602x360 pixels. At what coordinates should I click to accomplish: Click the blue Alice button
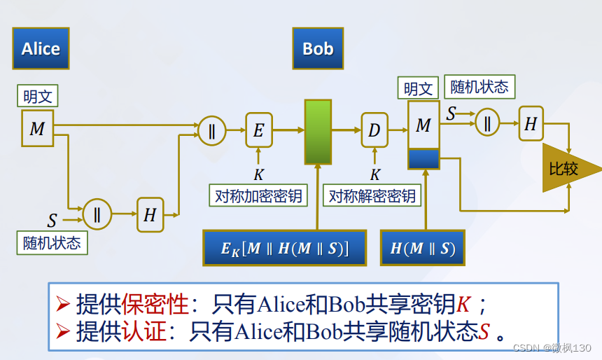[x=41, y=48]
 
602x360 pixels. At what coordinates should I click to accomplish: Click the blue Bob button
[x=318, y=48]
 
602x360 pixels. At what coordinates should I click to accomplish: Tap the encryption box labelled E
[x=258, y=130]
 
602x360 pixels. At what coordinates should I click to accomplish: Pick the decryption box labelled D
[x=374, y=130]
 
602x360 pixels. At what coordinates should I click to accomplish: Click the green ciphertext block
[x=317, y=132]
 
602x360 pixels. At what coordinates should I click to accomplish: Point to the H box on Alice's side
[x=150, y=215]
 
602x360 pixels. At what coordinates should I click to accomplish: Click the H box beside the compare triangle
[x=531, y=125]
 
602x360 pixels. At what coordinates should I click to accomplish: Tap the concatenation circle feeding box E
[x=211, y=130]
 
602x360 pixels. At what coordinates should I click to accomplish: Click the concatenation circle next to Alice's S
[x=97, y=215]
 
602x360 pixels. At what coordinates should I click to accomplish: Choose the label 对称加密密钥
[x=258, y=195]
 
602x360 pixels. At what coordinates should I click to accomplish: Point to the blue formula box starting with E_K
[x=285, y=247]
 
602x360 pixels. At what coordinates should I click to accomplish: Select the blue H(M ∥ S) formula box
[x=422, y=247]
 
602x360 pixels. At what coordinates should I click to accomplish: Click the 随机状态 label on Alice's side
[x=52, y=243]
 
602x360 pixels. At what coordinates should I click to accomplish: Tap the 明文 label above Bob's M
[x=419, y=88]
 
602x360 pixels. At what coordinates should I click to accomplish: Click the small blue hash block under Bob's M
[x=423, y=159]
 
